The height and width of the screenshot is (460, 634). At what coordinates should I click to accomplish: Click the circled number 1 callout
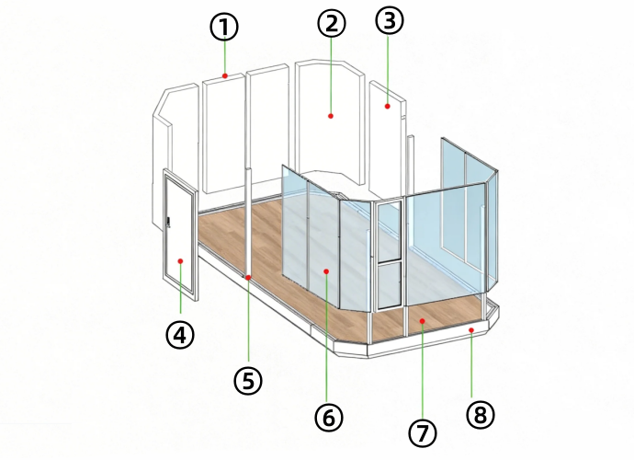pyautogui.click(x=224, y=27)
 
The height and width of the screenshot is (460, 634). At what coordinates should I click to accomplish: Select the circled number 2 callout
pyautogui.click(x=332, y=24)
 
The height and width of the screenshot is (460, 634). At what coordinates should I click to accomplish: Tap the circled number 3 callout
pyautogui.click(x=390, y=20)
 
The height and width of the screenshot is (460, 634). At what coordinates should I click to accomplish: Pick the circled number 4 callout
pyautogui.click(x=180, y=335)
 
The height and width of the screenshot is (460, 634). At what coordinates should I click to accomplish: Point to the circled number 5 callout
pyautogui.click(x=248, y=381)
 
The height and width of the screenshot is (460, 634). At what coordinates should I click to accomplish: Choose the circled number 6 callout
pyautogui.click(x=329, y=417)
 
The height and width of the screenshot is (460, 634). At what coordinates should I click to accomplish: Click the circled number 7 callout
pyautogui.click(x=423, y=433)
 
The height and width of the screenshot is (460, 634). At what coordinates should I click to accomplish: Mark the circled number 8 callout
pyautogui.click(x=481, y=415)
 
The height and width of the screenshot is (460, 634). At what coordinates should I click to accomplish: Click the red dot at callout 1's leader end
pyautogui.click(x=225, y=75)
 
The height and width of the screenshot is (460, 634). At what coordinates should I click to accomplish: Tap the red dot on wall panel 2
pyautogui.click(x=331, y=116)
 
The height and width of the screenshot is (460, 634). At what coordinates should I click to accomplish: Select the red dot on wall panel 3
pyautogui.click(x=388, y=106)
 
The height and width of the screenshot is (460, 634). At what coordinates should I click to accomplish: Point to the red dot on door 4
pyautogui.click(x=180, y=261)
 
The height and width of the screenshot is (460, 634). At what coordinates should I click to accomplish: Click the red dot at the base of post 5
pyautogui.click(x=248, y=277)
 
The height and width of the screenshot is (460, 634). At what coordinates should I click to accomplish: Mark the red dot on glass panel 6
pyautogui.click(x=326, y=271)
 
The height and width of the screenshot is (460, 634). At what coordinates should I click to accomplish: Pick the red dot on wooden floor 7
pyautogui.click(x=422, y=321)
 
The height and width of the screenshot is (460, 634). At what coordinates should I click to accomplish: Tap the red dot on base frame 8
pyautogui.click(x=471, y=330)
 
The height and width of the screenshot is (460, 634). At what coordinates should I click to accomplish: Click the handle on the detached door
pyautogui.click(x=169, y=223)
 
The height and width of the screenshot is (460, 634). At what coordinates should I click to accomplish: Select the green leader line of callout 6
pyautogui.click(x=327, y=339)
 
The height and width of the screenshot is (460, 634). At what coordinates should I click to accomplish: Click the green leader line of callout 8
pyautogui.click(x=471, y=365)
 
